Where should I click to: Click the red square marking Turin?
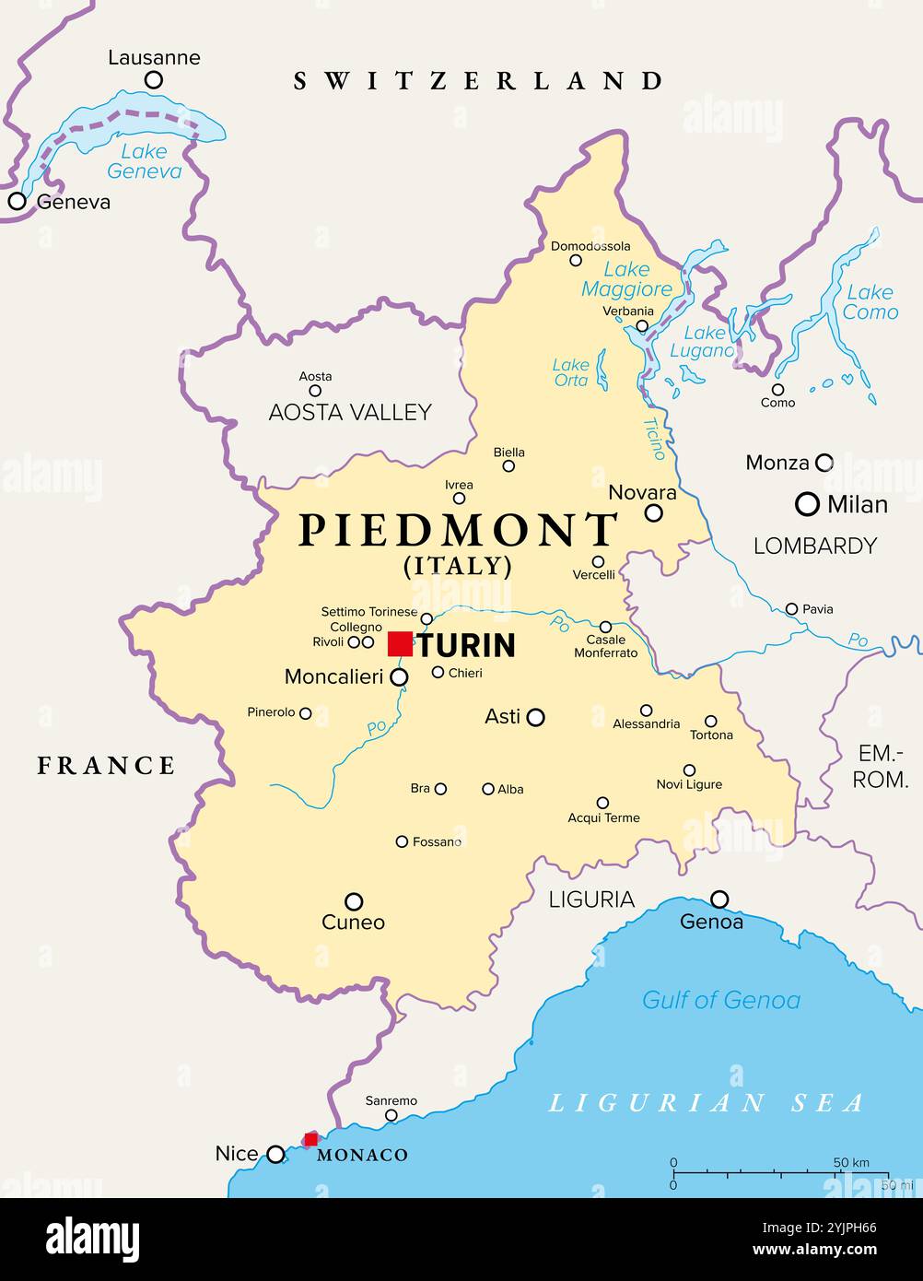(x=400, y=644)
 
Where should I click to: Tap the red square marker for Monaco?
(x=311, y=1139)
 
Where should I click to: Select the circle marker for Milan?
(x=807, y=504)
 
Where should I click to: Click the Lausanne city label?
(x=154, y=57)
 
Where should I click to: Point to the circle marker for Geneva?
(x=17, y=201)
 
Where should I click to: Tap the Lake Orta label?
(x=570, y=372)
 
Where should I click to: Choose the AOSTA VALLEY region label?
(x=349, y=412)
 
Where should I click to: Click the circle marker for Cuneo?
(x=354, y=901)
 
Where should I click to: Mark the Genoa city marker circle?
(x=719, y=899)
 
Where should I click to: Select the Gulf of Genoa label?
(x=720, y=1000)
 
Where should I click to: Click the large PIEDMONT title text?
(x=457, y=530)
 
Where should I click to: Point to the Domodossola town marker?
(x=576, y=260)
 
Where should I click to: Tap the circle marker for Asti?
(x=535, y=716)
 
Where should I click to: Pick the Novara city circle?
(x=653, y=512)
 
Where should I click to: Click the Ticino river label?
(x=653, y=439)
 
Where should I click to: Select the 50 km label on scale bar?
(x=850, y=1162)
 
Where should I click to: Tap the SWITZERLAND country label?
(x=477, y=81)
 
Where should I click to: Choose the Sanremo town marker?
(x=391, y=1115)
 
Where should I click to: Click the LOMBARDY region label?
(x=814, y=546)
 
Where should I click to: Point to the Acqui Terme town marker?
(x=602, y=803)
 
